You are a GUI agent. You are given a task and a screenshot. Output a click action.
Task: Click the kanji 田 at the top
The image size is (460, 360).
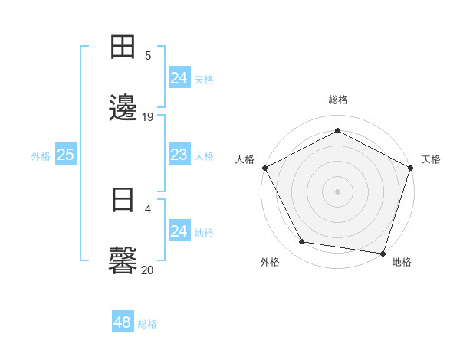coord(123,48)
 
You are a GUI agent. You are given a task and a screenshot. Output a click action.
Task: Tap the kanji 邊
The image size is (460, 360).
coord(123,106)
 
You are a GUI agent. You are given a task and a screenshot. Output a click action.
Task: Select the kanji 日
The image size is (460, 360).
coord(123,200)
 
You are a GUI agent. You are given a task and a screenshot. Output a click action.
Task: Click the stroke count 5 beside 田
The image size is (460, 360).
coord(148,55)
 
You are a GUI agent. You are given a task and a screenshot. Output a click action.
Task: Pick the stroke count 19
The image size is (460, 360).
coord(148,116)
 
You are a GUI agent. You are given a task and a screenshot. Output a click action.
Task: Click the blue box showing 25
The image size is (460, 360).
coord(65,155)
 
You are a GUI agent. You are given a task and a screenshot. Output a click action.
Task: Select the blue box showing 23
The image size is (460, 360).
coord(179,155)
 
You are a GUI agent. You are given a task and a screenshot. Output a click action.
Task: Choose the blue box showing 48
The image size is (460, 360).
coord(123,322)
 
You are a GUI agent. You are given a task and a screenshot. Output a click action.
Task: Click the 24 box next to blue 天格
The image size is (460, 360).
coord(179,78)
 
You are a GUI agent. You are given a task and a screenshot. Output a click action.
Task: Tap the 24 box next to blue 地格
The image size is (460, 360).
coord(179,231)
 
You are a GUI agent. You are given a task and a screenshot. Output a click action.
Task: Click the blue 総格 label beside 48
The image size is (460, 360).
coord(147,324)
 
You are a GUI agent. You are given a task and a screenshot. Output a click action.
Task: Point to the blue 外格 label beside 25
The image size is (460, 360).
coord(41,156)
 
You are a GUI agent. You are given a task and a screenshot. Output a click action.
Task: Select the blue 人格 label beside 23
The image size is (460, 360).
coord(204,156)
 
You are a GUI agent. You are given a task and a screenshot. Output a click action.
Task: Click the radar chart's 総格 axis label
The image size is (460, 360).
coord(337,100)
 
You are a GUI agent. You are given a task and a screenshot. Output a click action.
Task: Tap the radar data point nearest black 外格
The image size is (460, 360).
coord(302,242)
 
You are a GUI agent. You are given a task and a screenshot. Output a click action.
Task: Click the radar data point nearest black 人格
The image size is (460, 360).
coord(264,167)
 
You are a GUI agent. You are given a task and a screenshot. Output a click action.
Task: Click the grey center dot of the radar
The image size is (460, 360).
coord(337,191)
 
